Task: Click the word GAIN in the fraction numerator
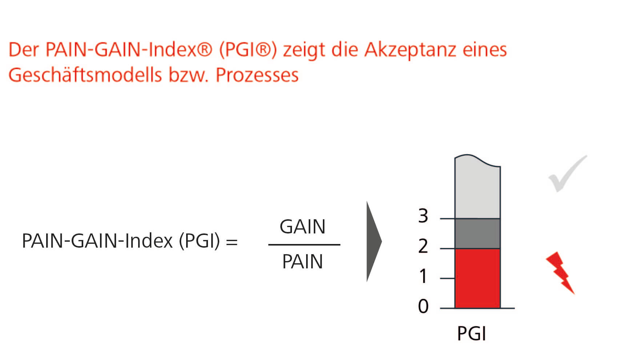pyautogui.click(x=303, y=227)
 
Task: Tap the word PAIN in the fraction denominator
pyautogui.click(x=303, y=261)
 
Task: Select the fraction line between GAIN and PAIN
pyautogui.click(x=304, y=245)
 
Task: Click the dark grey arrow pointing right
pyautogui.click(x=374, y=241)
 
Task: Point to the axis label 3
pyautogui.click(x=423, y=216)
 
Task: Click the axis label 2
pyautogui.click(x=423, y=246)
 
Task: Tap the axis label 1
pyautogui.click(x=423, y=276)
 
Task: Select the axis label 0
pyautogui.click(x=423, y=306)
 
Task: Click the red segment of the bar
pyautogui.click(x=478, y=278)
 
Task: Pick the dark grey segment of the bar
pyautogui.click(x=478, y=234)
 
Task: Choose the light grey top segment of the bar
pyautogui.click(x=478, y=187)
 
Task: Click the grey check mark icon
pyautogui.click(x=568, y=173)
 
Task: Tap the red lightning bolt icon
pyautogui.click(x=560, y=273)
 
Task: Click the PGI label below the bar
pyautogui.click(x=472, y=333)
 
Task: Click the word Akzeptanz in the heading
pyautogui.click(x=410, y=50)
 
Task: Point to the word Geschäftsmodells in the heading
pyautogui.click(x=85, y=75)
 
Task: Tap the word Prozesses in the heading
pyautogui.click(x=257, y=76)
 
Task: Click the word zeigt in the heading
pyautogui.click(x=304, y=50)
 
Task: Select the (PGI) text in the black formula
pyautogui.click(x=200, y=241)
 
